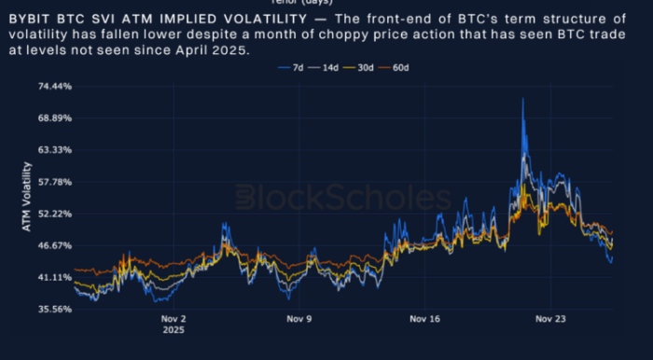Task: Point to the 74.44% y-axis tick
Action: pyautogui.click(x=54, y=87)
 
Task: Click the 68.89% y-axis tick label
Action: pyautogui.click(x=54, y=118)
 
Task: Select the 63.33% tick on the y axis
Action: pyautogui.click(x=54, y=150)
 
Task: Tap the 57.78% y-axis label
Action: pyautogui.click(x=54, y=182)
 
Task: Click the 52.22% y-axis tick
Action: pyautogui.click(x=54, y=214)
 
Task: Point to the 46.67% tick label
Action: pyautogui.click(x=54, y=245)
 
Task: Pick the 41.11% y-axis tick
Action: pyautogui.click(x=54, y=277)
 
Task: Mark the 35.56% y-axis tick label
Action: pyautogui.click(x=54, y=309)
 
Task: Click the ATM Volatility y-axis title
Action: pyautogui.click(x=27, y=197)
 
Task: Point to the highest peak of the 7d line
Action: pyautogui.click(x=522, y=98)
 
